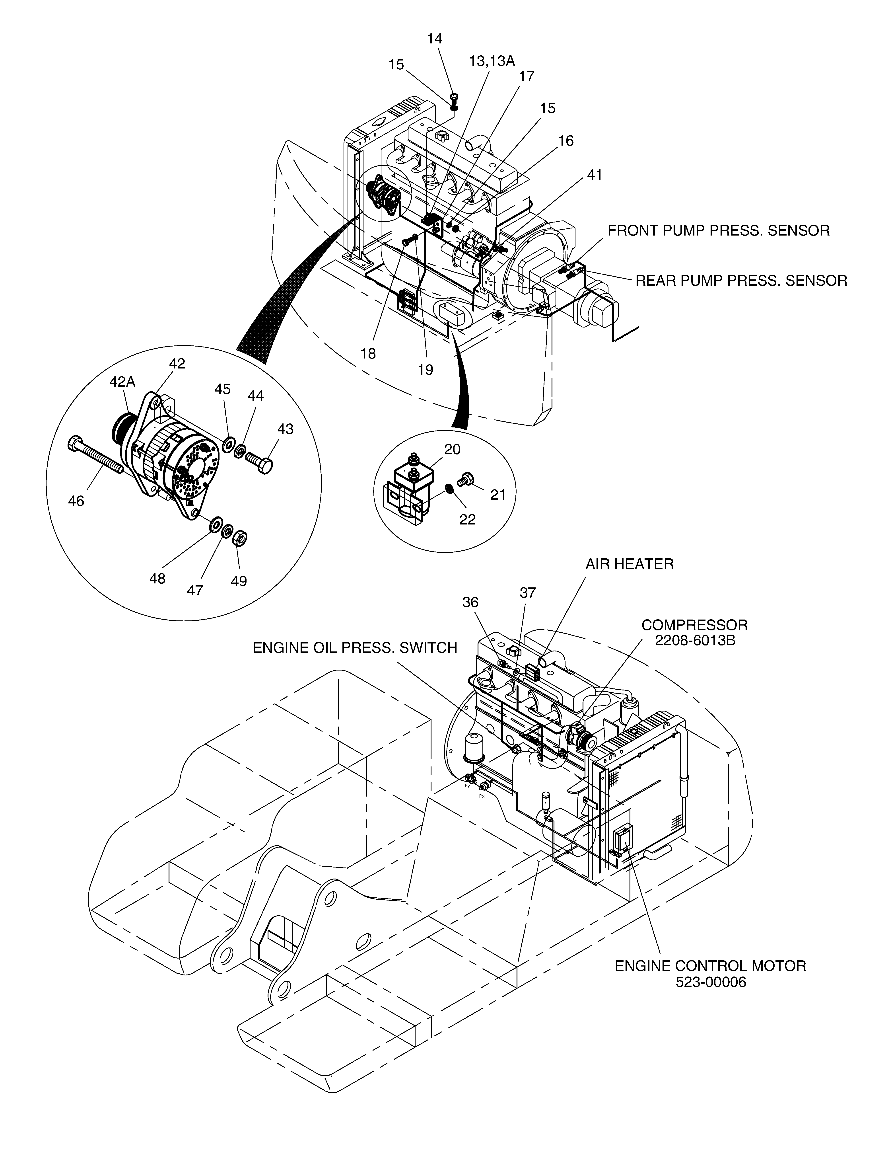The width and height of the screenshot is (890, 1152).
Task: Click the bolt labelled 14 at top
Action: click(x=454, y=97)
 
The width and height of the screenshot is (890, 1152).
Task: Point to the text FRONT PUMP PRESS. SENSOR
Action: click(x=719, y=230)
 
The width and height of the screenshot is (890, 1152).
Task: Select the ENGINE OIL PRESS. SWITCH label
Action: click(x=355, y=648)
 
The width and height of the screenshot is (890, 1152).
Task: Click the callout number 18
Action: click(x=368, y=354)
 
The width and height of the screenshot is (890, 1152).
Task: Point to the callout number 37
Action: click(x=528, y=593)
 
